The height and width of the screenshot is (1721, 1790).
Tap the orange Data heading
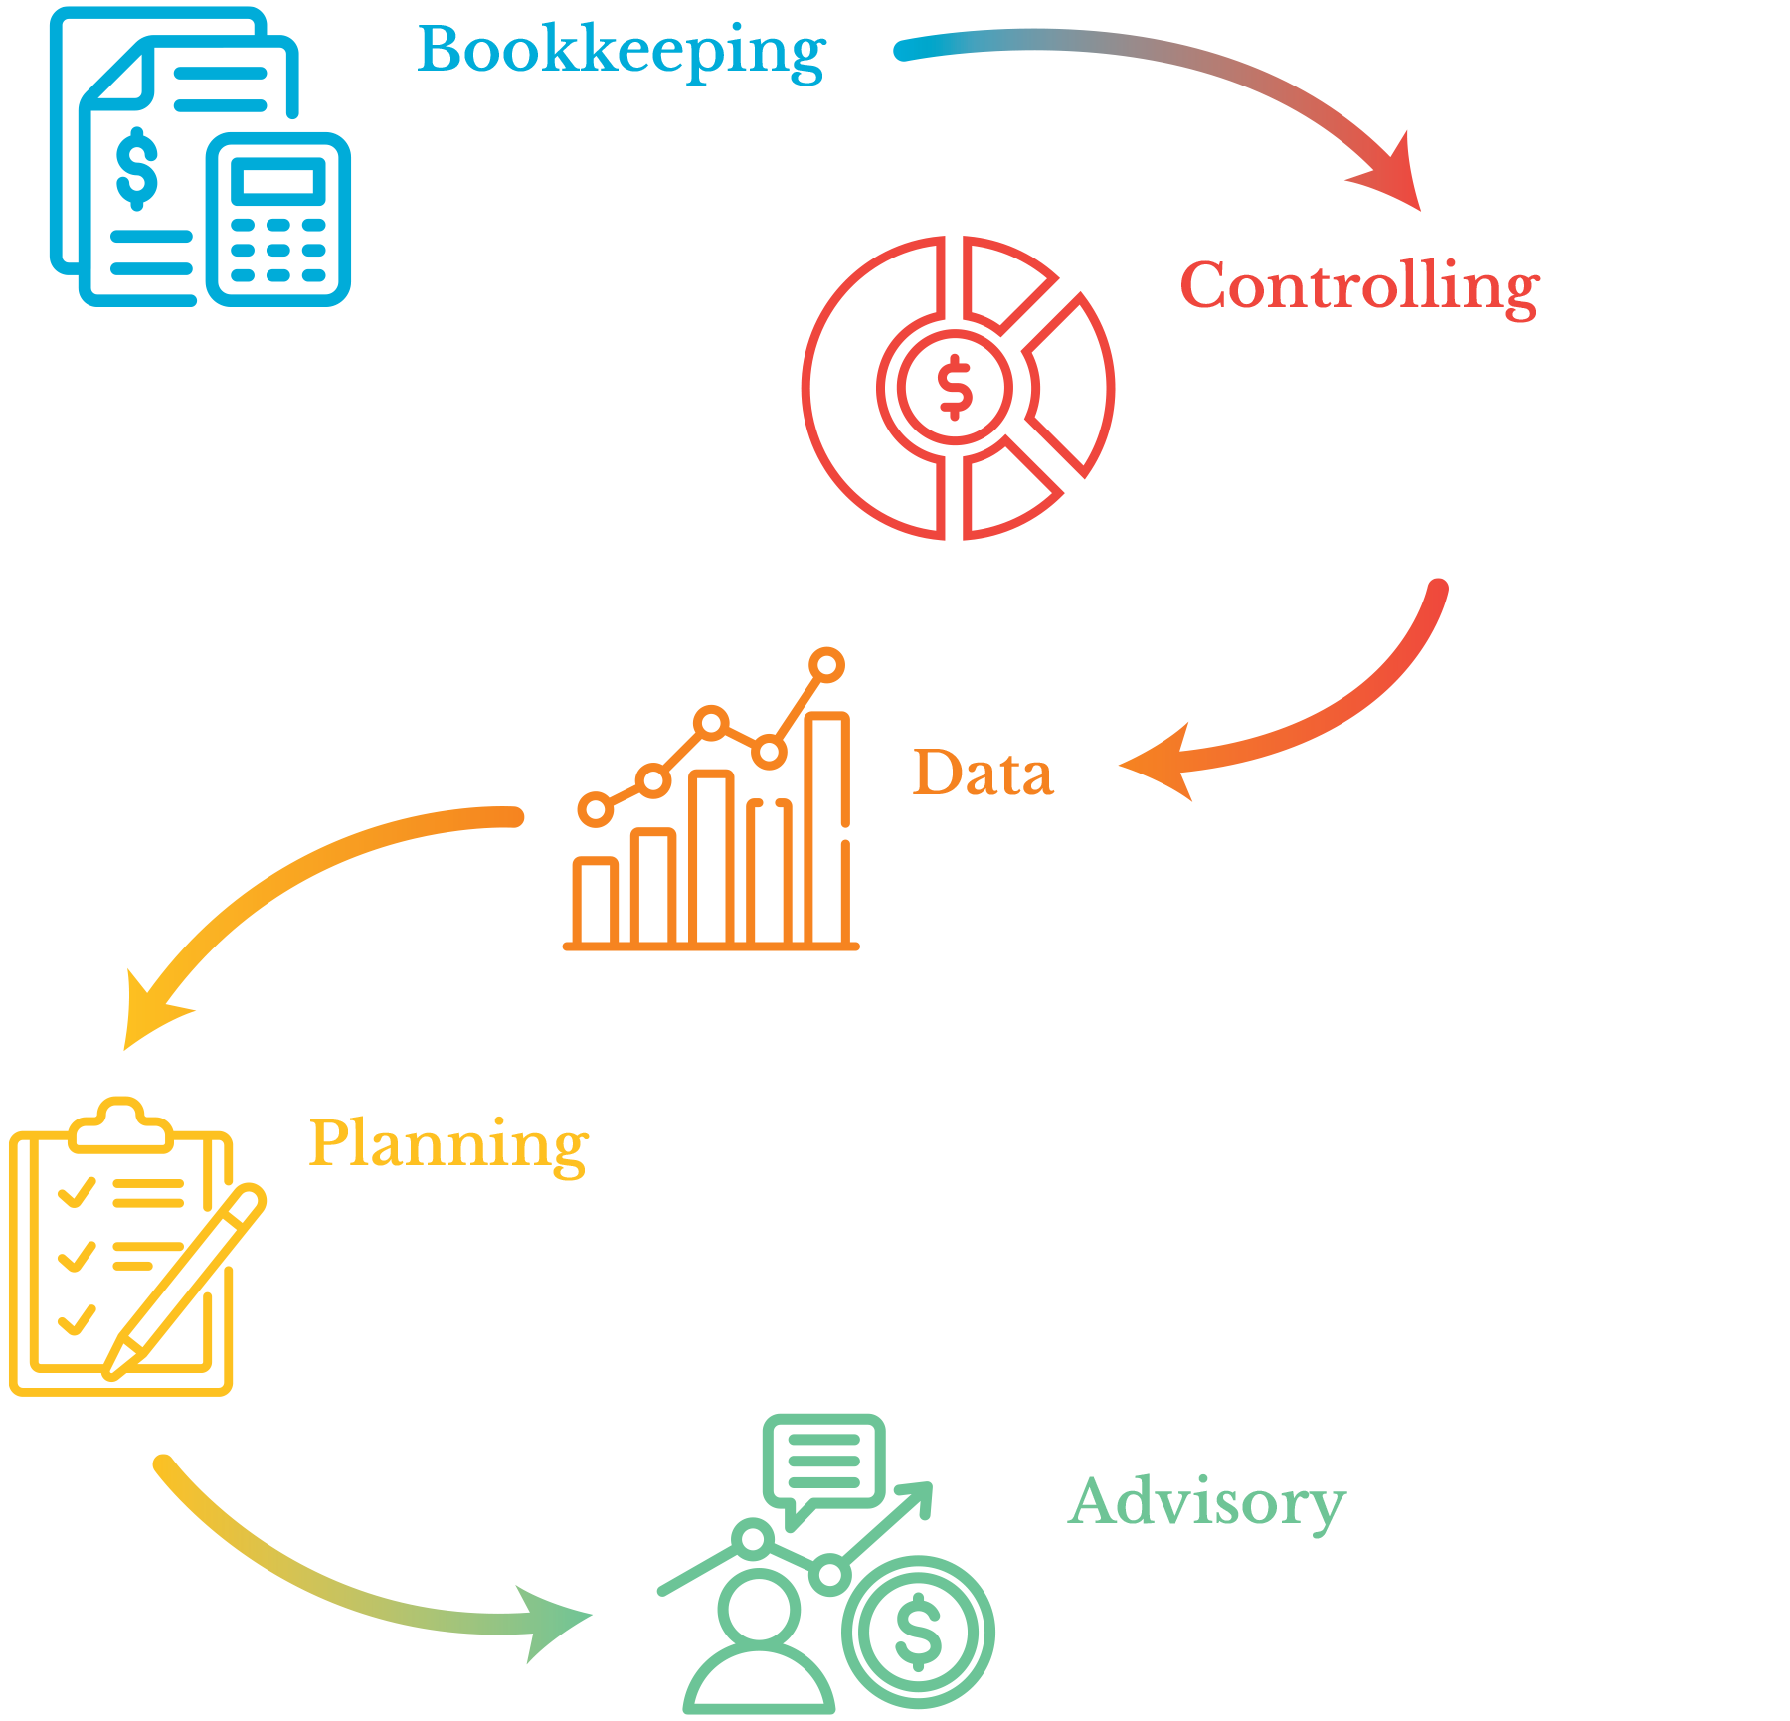pos(983,774)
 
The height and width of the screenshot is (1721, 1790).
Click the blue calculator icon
pos(278,219)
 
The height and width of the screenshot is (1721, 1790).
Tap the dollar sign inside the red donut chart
pos(956,387)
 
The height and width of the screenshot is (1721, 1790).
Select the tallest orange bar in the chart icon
pos(827,825)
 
